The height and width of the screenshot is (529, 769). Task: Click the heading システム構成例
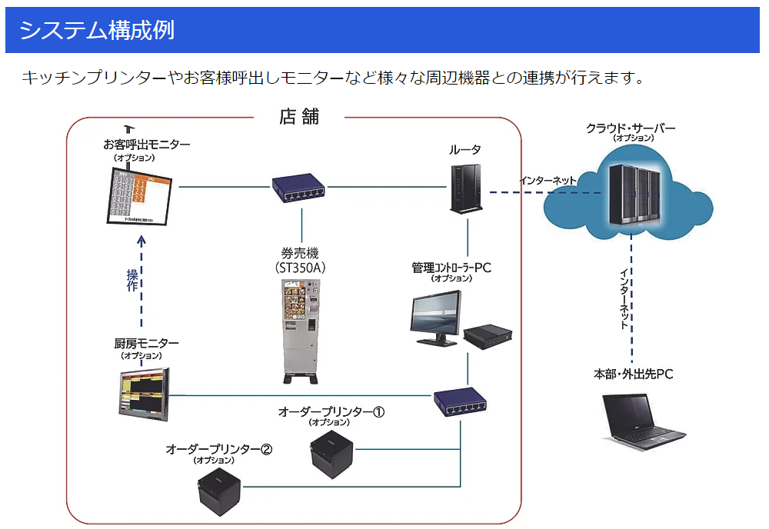coord(97,30)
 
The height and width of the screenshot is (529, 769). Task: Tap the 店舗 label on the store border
coord(299,117)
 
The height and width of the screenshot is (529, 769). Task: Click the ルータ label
coord(465,149)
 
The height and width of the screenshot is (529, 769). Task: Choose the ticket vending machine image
coord(300,331)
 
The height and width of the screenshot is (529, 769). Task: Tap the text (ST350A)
coord(300,268)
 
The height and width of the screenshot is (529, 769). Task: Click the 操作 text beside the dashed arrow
coord(131,280)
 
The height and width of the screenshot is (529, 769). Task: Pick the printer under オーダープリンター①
coord(331,457)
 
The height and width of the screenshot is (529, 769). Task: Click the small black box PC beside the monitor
coord(488,336)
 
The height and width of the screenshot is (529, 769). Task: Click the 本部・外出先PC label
coord(633,374)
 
